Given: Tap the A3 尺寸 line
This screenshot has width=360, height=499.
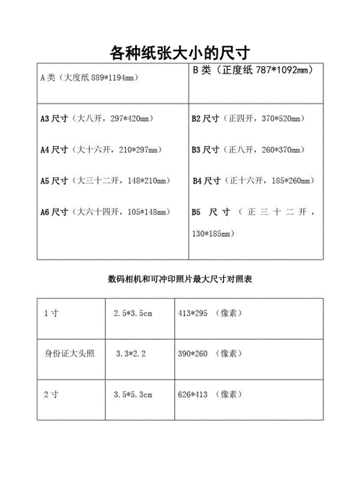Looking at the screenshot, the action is [x=104, y=119].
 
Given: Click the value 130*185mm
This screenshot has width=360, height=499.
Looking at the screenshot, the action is [x=212, y=234].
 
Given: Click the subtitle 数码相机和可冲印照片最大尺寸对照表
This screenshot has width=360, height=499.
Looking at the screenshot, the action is [x=179, y=278].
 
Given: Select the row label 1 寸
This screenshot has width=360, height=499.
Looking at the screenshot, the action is [x=52, y=313].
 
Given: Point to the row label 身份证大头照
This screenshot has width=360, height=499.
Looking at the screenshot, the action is [x=71, y=354].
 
